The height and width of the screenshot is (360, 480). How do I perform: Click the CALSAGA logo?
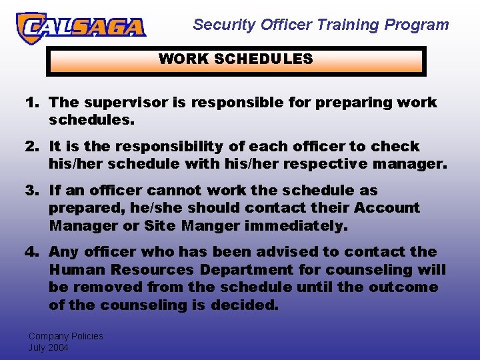click(x=81, y=27)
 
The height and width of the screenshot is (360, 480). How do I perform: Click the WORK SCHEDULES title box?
click(x=235, y=60)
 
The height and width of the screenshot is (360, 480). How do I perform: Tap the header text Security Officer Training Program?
click(x=321, y=25)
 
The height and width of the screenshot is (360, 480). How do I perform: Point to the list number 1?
click(x=31, y=103)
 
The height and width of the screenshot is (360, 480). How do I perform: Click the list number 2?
click(x=31, y=147)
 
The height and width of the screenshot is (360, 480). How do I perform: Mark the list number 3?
click(x=31, y=191)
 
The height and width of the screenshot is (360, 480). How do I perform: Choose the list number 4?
click(x=31, y=252)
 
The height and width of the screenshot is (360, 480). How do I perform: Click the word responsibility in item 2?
click(x=169, y=147)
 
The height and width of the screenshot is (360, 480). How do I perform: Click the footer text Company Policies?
click(x=65, y=336)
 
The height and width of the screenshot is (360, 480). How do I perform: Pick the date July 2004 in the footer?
click(x=48, y=347)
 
